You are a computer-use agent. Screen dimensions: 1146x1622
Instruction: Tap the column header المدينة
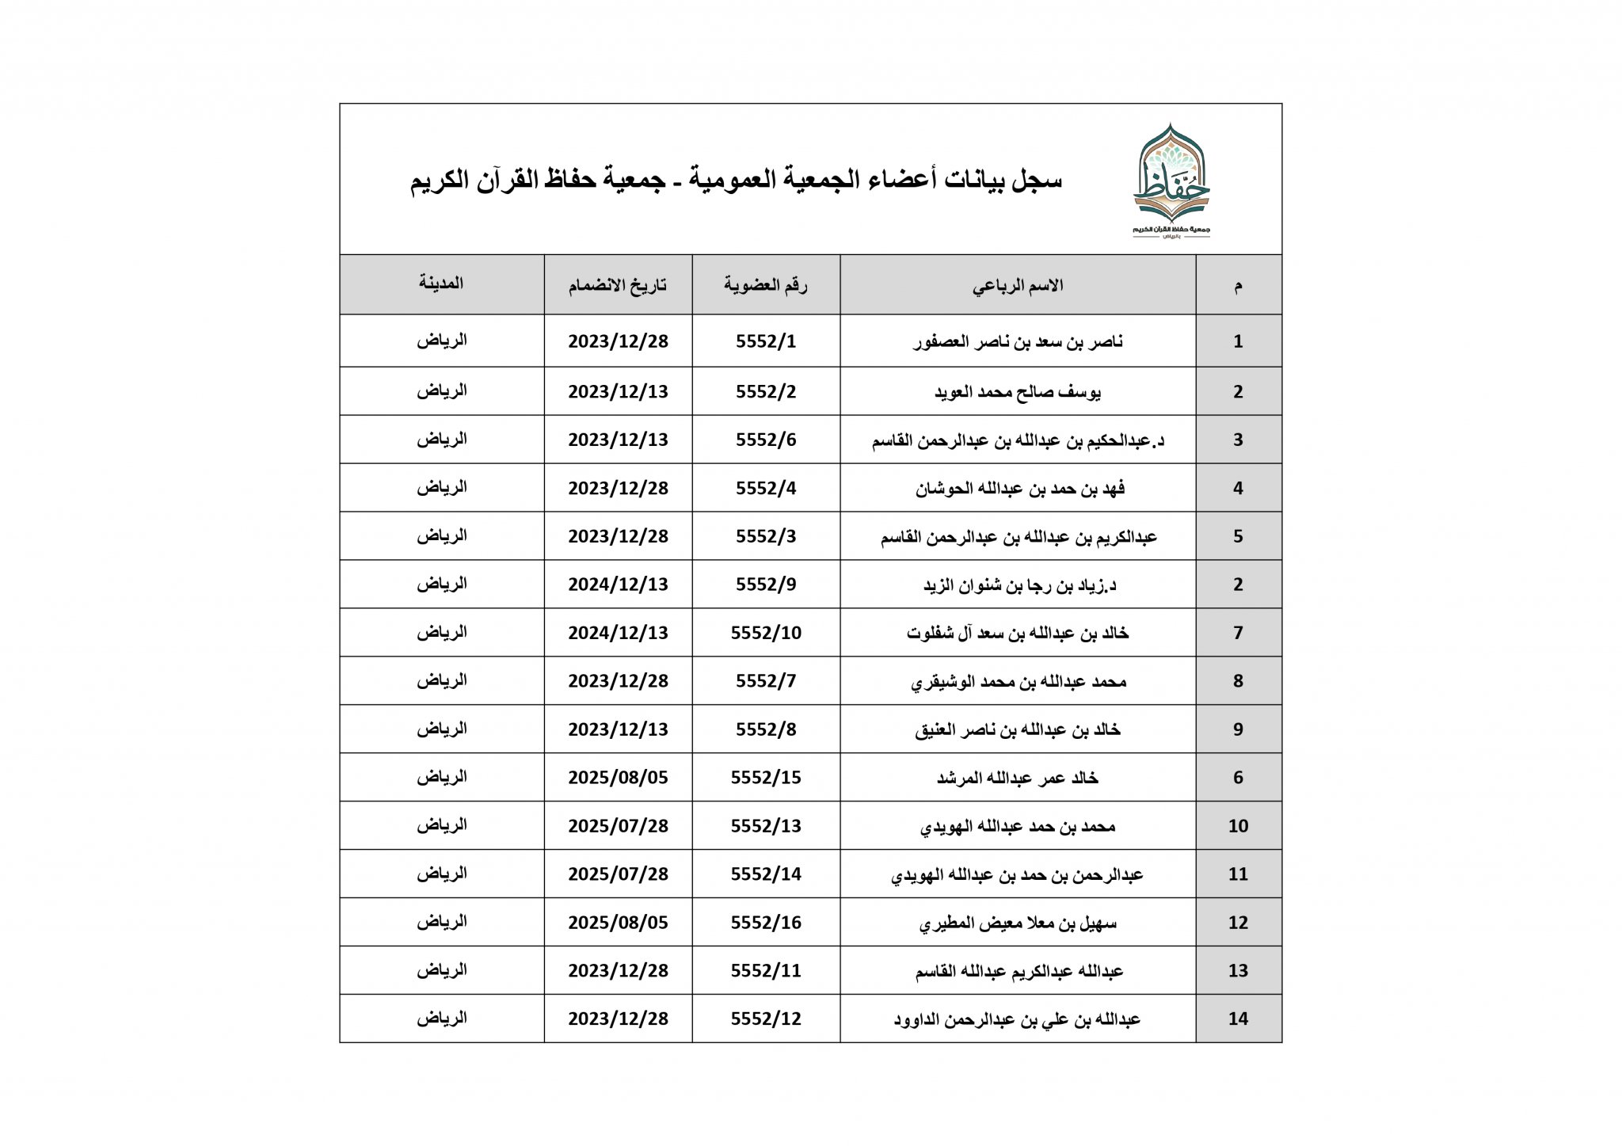(441, 284)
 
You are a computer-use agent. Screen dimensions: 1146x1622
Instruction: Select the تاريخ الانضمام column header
(617, 285)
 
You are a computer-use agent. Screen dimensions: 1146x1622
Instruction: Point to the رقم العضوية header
(765, 285)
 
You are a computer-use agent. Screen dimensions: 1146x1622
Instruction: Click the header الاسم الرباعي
(1018, 285)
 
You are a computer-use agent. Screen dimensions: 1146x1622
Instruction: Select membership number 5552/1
(765, 341)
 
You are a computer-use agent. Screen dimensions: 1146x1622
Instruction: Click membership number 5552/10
(765, 633)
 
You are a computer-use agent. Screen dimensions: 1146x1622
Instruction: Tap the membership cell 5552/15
(765, 778)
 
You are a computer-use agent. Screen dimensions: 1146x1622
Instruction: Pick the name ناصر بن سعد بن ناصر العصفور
(1018, 342)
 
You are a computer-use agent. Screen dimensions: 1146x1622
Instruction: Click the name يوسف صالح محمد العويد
(1018, 392)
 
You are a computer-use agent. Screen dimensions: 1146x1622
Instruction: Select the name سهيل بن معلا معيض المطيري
(1018, 923)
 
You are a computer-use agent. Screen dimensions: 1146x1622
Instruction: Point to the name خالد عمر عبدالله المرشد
(1018, 778)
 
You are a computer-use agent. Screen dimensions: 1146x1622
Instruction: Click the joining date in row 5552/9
(618, 584)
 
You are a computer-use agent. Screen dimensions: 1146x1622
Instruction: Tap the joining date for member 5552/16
(618, 923)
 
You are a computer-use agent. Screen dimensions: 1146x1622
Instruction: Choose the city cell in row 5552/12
(442, 1018)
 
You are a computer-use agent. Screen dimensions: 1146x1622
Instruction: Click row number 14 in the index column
(1238, 1019)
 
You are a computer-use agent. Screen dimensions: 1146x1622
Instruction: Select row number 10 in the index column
(1238, 826)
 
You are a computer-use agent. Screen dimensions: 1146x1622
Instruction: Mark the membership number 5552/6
(765, 440)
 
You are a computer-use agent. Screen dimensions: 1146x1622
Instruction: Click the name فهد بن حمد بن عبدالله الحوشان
(1020, 489)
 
